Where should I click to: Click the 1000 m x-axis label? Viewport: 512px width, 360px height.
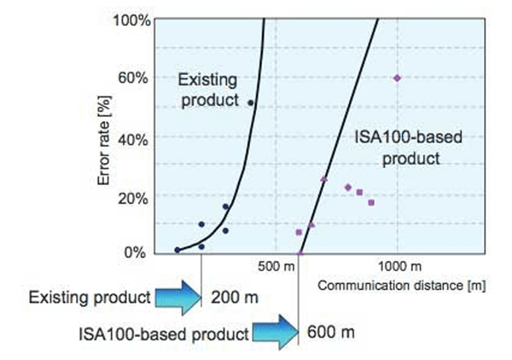tap(398, 266)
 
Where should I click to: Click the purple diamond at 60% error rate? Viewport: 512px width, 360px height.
tap(397, 78)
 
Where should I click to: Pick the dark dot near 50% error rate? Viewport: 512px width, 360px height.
tap(251, 102)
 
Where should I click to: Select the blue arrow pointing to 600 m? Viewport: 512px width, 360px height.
tap(275, 332)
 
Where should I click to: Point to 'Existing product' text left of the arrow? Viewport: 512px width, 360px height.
tap(90, 299)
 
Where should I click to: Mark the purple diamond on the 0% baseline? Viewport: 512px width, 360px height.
tap(300, 253)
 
